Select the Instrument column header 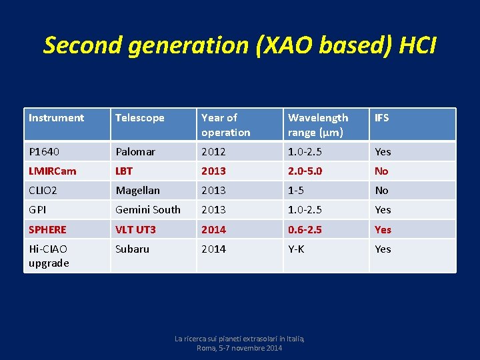click(x=57, y=118)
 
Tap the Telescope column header click(x=140, y=118)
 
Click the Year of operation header click(x=225, y=125)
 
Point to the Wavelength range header click(x=318, y=125)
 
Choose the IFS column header click(x=382, y=118)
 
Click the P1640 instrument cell click(x=45, y=151)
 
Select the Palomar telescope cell click(x=135, y=151)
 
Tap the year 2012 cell click(x=213, y=151)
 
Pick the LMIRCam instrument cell click(x=53, y=171)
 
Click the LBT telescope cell click(x=125, y=171)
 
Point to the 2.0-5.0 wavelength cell click(x=305, y=171)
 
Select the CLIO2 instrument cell click(x=43, y=190)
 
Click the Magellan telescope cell click(x=138, y=190)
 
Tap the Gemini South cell click(x=148, y=209)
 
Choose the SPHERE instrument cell click(x=47, y=229)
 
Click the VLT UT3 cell click(x=136, y=229)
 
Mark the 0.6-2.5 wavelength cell click(x=305, y=229)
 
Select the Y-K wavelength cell click(x=297, y=249)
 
